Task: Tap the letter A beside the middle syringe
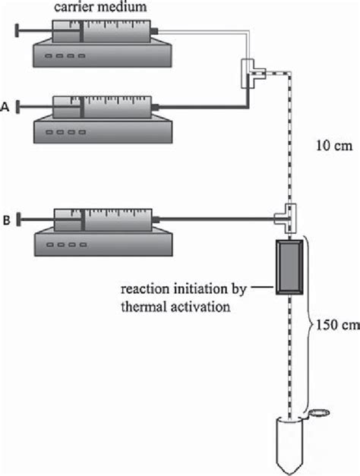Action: (x=6, y=108)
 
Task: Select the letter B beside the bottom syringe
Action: (x=6, y=222)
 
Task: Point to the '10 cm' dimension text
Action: (x=332, y=147)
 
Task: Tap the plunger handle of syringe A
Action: (x=17, y=108)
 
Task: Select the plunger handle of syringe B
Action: (x=17, y=221)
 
